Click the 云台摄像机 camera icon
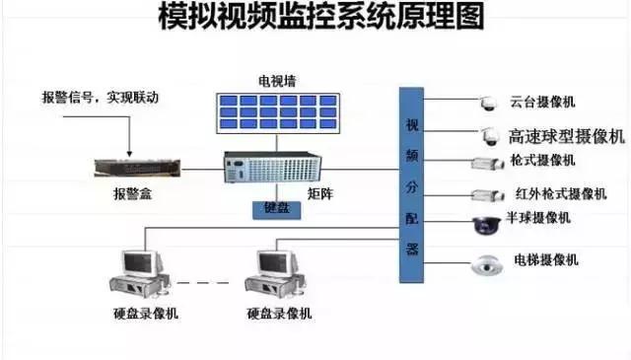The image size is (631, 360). [x=487, y=103]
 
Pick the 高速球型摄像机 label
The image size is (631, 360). [x=566, y=136]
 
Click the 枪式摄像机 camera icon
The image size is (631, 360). [x=486, y=164]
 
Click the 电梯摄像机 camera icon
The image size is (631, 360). [x=487, y=264]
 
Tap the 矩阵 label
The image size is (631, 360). [x=321, y=193]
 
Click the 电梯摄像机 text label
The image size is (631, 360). [x=545, y=260]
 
